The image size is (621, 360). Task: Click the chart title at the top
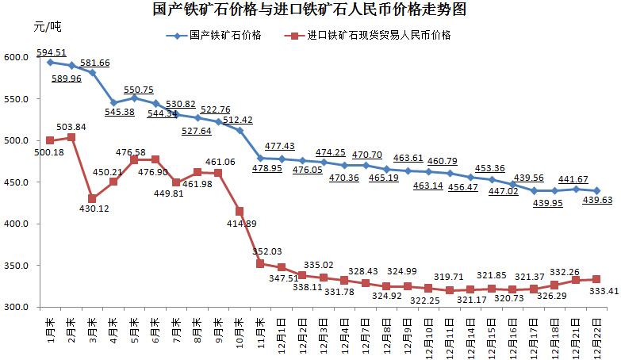click(309, 10)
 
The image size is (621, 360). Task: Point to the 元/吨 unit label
click(47, 27)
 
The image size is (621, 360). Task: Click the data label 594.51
click(51, 53)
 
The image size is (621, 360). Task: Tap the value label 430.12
click(93, 209)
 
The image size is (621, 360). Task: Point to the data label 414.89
click(240, 224)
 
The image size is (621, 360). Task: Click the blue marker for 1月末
click(50, 62)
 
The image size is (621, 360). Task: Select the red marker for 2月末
click(71, 137)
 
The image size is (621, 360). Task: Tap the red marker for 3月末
click(93, 198)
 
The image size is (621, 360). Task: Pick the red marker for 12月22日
click(596, 279)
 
